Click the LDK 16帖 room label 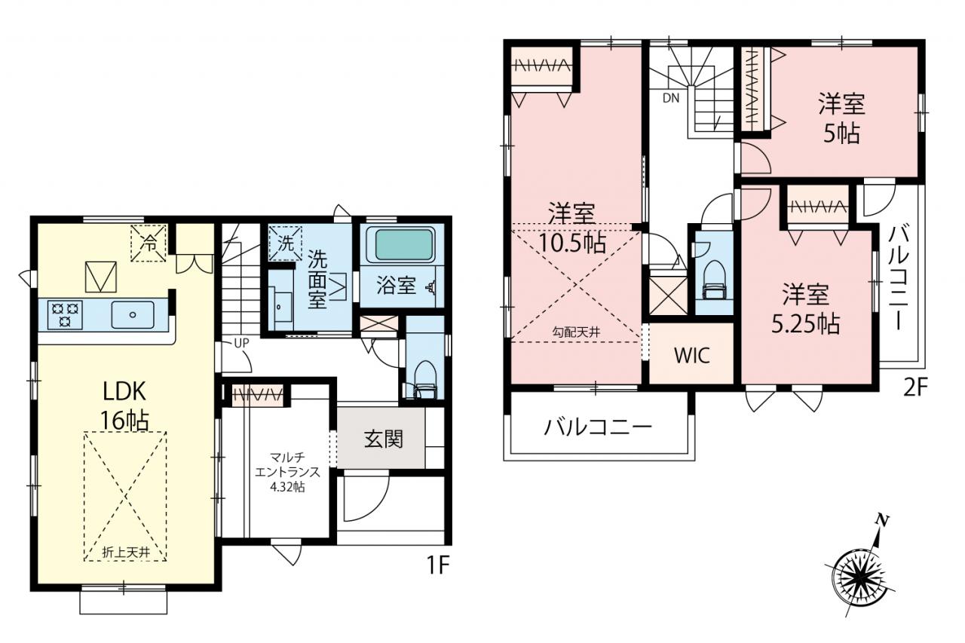click(x=125, y=406)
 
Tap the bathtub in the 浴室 click(x=403, y=245)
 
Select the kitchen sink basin click(x=133, y=314)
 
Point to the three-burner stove click(x=65, y=314)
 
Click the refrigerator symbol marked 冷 click(x=149, y=243)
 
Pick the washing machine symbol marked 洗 click(x=285, y=243)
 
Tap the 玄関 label click(x=384, y=439)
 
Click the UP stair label click(x=241, y=343)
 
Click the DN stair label click(x=671, y=99)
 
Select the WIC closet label click(x=692, y=355)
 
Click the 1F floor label click(x=438, y=565)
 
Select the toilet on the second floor click(x=713, y=279)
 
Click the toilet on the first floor click(x=424, y=380)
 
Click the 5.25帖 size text click(x=805, y=324)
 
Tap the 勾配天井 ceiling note click(x=576, y=332)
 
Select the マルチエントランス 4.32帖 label click(x=287, y=472)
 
